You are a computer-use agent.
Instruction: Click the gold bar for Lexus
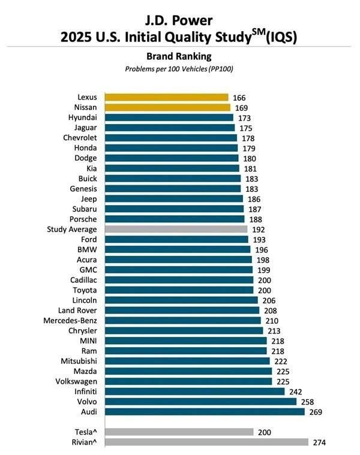166,97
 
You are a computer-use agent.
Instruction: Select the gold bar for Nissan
167,107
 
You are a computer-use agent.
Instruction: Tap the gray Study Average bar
176,229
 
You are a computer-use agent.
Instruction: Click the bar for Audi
205,412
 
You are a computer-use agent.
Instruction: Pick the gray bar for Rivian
206,442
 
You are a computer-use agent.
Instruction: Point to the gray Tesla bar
179,432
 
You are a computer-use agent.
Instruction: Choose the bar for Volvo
200,402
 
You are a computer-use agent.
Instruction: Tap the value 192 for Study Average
259,229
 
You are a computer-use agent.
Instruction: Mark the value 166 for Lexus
240,97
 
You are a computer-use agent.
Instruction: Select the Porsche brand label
83,219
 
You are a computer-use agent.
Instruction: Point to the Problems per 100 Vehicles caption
179,69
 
